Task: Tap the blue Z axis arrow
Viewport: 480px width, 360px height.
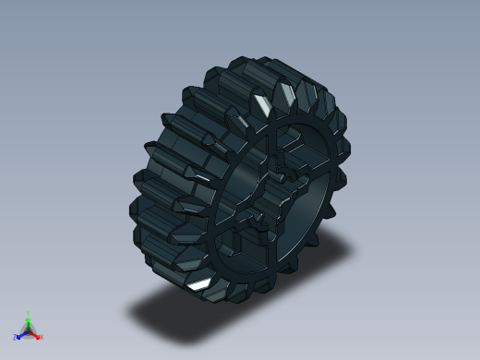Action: point(20,335)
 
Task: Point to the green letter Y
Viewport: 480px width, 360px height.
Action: point(29,314)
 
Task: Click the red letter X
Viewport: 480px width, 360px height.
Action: point(42,337)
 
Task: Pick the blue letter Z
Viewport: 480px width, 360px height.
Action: point(15,338)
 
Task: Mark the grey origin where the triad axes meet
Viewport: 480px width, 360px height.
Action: point(29,330)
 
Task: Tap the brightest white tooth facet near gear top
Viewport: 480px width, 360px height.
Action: point(264,102)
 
